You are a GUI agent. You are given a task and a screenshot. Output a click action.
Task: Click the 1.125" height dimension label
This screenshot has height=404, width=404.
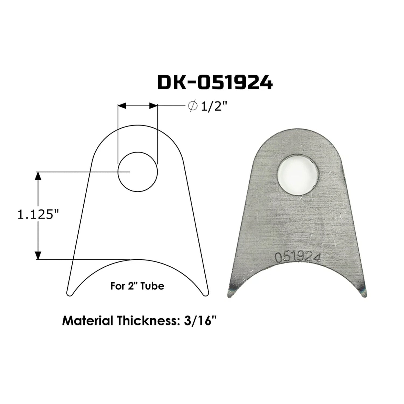point(38,215)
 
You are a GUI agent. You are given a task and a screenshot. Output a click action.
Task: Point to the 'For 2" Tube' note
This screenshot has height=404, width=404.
point(137,286)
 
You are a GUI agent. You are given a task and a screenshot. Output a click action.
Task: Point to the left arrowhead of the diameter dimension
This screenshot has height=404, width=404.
point(122,106)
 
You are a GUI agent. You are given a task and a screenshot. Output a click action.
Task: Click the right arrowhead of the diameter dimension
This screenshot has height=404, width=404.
point(153,106)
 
